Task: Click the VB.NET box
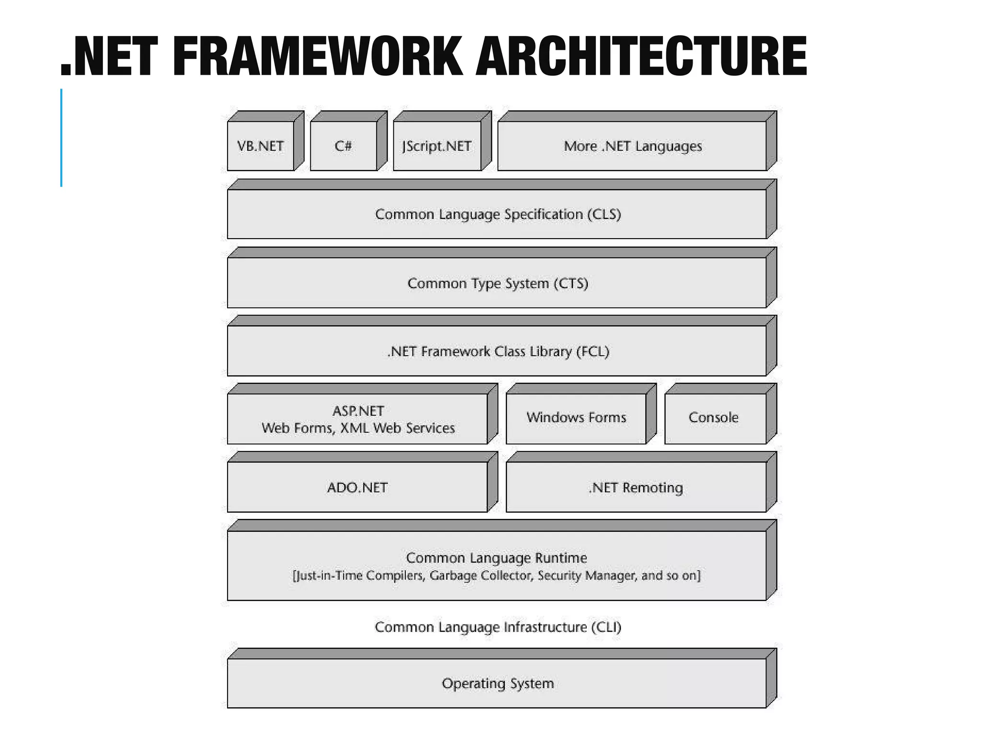click(261, 146)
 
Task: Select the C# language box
click(343, 146)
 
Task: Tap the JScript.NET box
click(437, 146)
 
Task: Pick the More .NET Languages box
click(632, 146)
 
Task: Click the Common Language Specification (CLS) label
click(498, 214)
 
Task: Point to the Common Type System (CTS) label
click(498, 283)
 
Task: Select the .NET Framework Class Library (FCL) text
click(498, 352)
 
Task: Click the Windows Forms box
click(576, 417)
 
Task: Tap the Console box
click(713, 417)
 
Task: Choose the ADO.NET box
click(357, 487)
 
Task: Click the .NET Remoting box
click(636, 487)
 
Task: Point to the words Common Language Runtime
click(496, 558)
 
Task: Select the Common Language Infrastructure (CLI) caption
click(498, 627)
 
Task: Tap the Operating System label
click(498, 683)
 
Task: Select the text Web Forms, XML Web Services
click(358, 428)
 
